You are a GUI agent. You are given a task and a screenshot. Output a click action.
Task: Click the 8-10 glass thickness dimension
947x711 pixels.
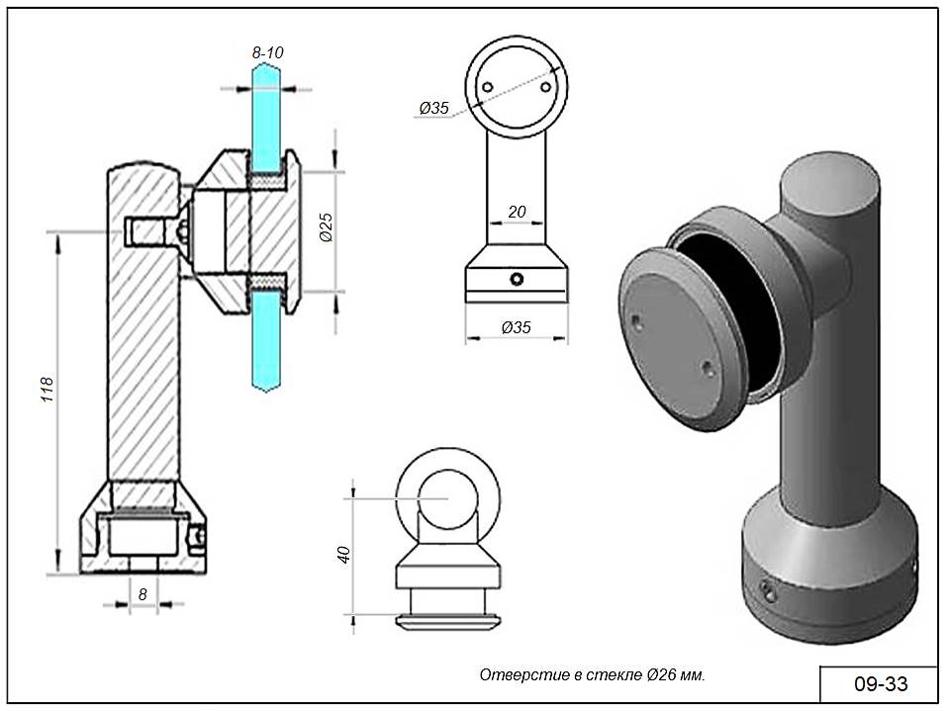267,51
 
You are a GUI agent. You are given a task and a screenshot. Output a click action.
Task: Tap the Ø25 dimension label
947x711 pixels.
324,230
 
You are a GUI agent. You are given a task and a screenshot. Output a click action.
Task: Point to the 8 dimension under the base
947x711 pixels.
143,593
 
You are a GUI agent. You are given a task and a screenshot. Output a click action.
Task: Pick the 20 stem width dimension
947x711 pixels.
516,211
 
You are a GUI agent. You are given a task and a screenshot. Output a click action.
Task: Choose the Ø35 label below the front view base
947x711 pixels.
516,326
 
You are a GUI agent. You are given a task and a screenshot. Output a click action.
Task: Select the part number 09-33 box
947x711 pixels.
879,683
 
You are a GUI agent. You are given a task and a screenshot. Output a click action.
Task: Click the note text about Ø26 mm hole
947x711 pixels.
592,675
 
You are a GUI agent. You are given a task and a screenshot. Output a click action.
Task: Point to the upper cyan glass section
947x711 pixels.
266,114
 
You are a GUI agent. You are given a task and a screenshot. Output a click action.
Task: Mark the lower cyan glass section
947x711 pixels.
266,341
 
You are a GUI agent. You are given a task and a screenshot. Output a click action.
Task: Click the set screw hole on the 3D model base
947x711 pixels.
768,590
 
